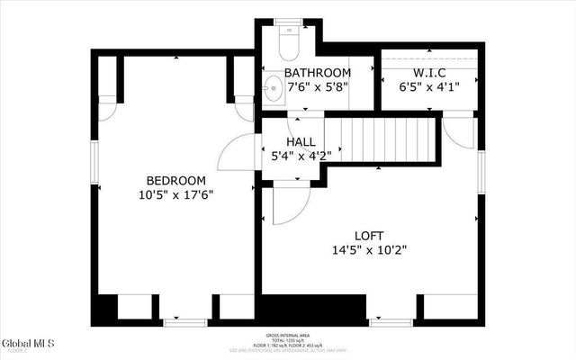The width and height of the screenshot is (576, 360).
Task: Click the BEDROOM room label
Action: tap(176, 180)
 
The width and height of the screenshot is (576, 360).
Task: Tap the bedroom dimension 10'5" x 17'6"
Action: tap(176, 194)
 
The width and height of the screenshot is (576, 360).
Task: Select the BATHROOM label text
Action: tap(317, 73)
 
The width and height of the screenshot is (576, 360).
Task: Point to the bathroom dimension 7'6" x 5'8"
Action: tap(317, 87)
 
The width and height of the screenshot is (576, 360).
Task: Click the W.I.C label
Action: tap(430, 73)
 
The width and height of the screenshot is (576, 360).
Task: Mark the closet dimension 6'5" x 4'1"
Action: tap(430, 87)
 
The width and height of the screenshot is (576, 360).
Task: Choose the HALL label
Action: tap(301, 141)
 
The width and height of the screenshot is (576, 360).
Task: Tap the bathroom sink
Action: tap(272, 87)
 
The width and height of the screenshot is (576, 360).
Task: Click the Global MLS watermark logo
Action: tap(28, 344)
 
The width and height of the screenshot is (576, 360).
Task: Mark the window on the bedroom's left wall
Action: tap(94, 168)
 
